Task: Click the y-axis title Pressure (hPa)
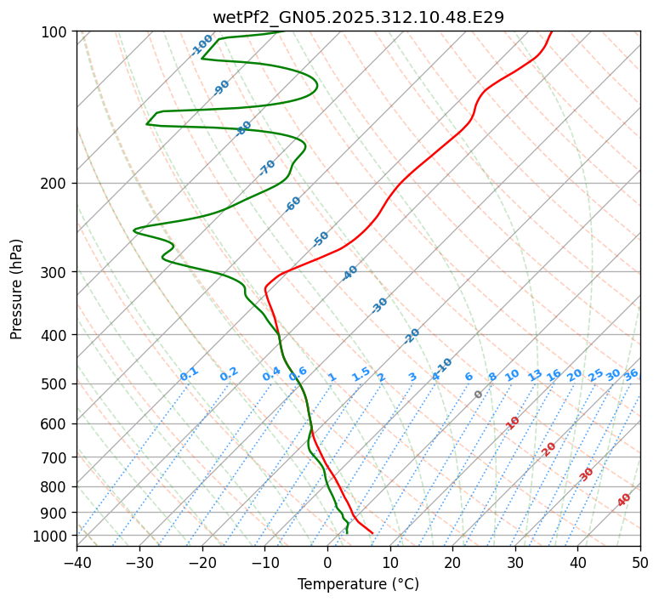tap(17, 289)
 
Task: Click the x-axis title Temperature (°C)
tap(358, 585)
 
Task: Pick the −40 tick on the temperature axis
tap(77, 562)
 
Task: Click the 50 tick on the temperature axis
tap(640, 562)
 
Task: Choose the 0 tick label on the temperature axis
tap(327, 562)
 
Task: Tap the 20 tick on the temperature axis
tap(452, 562)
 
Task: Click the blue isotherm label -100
tap(202, 45)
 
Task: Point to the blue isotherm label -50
tap(321, 239)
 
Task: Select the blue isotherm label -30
tap(379, 305)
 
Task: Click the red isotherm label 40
tap(624, 500)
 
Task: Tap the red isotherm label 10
tap(513, 423)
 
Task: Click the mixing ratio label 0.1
tap(189, 374)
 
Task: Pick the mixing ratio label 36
tap(631, 374)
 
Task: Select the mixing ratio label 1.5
tap(361, 374)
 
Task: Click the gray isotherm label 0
tap(479, 395)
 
